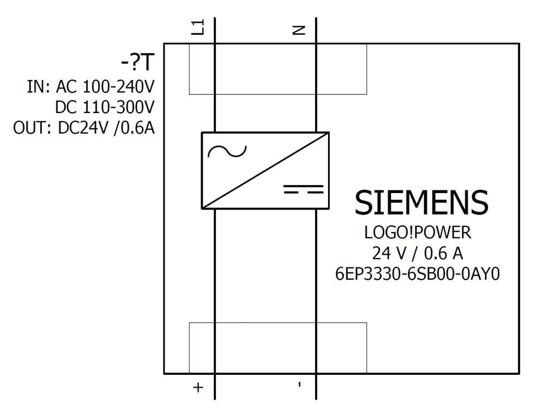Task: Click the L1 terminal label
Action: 198,27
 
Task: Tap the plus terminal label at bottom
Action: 198,387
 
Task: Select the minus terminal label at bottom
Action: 300,384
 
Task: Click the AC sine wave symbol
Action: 227,152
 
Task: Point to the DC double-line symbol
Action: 303,189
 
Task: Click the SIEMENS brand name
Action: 421,203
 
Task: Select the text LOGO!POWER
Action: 418,233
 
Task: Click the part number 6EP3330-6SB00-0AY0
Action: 418,274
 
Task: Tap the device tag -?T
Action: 138,64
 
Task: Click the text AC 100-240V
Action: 105,87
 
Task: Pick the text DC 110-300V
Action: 105,108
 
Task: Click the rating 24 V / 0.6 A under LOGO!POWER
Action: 418,253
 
